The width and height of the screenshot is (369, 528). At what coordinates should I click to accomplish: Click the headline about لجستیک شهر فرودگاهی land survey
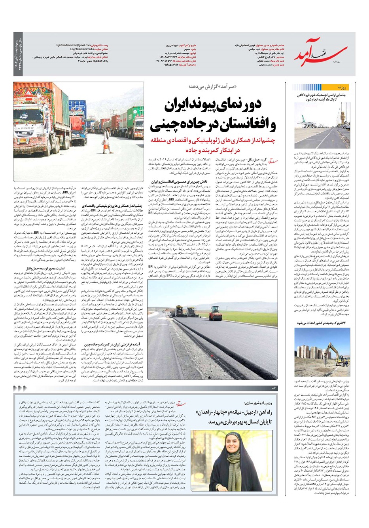click(x=321, y=97)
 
